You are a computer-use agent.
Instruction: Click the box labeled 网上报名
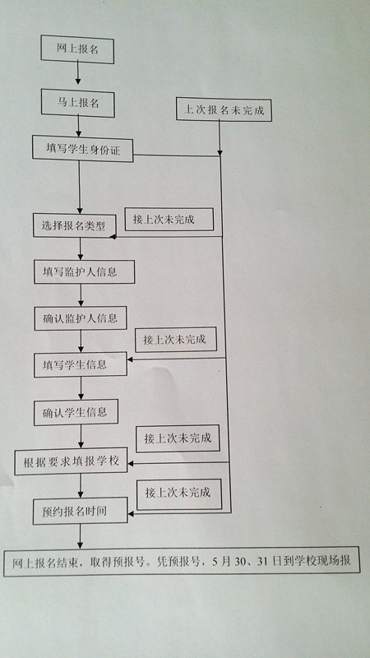[77, 49]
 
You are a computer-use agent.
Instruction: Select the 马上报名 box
[77, 103]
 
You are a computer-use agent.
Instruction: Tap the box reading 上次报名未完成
[224, 109]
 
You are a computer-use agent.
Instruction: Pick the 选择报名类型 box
[75, 225]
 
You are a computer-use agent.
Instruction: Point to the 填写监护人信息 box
[85, 272]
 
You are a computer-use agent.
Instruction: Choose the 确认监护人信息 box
[81, 318]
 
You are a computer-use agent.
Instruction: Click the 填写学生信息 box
[81, 364]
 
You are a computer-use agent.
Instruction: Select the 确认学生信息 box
[76, 412]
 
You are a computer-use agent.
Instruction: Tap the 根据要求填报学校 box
[71, 461]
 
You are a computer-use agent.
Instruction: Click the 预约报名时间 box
[80, 511]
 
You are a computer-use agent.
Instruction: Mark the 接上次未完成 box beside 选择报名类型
[169, 219]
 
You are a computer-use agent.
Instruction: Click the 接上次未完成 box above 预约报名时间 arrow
[179, 494]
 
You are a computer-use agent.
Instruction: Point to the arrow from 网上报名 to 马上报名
[77, 74]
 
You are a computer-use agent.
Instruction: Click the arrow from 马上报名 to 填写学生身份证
[78, 126]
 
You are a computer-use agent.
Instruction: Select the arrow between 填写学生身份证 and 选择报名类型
[79, 188]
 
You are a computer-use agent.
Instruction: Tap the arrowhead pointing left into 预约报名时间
[131, 513]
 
